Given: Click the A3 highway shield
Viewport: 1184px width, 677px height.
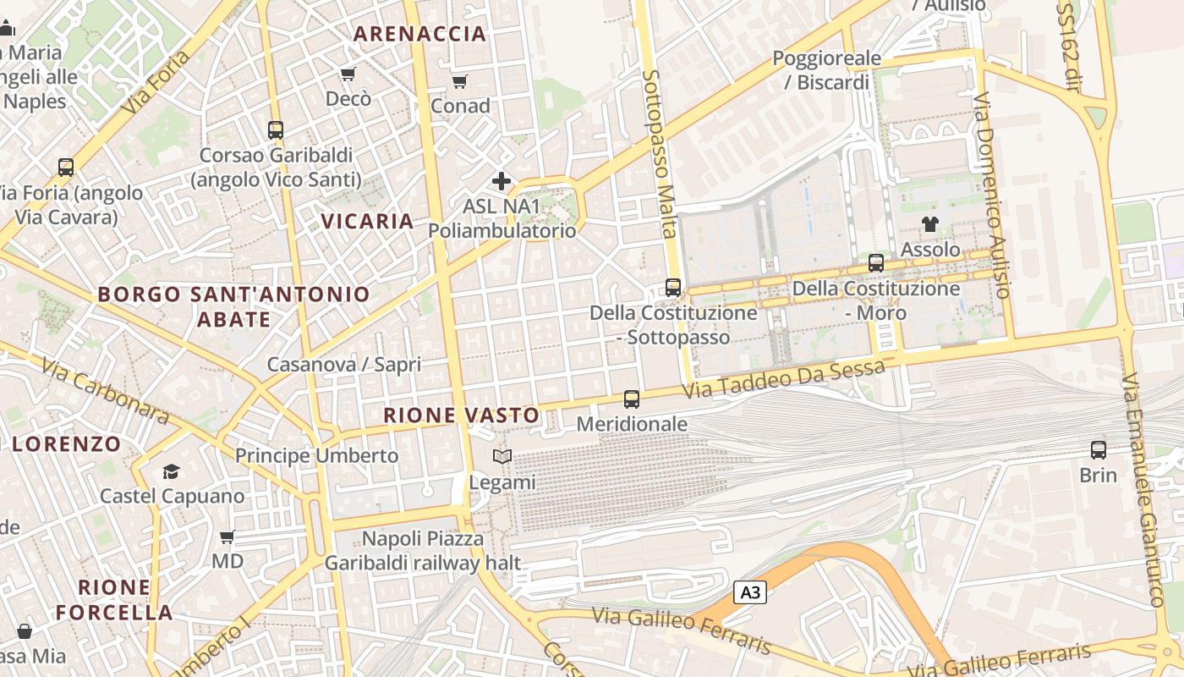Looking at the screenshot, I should [750, 592].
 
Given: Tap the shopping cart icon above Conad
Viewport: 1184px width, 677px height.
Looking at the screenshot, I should [459, 81].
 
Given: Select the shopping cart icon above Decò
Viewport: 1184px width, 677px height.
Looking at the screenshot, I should [348, 74].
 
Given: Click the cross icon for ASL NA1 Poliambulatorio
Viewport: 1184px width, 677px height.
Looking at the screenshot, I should [502, 181].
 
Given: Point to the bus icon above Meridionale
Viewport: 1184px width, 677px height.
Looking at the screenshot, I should [632, 399].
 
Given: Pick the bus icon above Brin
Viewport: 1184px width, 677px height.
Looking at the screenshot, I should [1099, 450].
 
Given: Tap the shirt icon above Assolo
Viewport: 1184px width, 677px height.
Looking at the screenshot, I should [930, 224].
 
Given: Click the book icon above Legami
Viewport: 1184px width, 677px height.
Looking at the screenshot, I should [502, 457].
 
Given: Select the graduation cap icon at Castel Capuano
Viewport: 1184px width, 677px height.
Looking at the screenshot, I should [172, 471].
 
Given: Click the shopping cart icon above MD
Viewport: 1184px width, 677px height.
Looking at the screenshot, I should [227, 537].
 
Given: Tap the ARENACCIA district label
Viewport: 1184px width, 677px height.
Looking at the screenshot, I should [419, 34].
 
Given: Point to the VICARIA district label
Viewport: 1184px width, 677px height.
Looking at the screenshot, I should [367, 222].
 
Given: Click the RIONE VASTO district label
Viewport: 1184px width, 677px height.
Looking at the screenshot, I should [461, 416].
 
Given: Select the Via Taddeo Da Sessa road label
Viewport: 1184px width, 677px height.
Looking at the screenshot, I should [784, 378].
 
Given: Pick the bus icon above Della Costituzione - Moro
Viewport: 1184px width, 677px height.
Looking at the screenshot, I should [876, 263].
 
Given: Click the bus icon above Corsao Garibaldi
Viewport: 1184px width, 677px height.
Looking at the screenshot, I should [276, 130].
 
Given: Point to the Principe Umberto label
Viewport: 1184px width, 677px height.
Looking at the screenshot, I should [316, 455].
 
